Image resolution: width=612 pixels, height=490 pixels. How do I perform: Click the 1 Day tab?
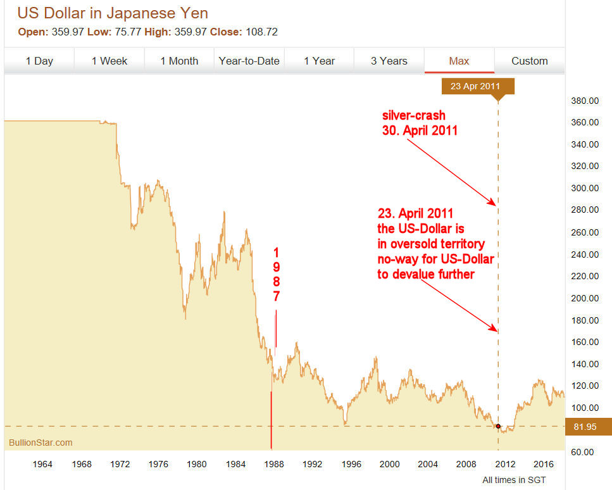(39, 61)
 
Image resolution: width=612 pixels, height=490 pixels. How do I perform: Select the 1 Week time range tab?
(109, 61)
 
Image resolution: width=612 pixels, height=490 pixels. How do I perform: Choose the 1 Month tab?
(179, 61)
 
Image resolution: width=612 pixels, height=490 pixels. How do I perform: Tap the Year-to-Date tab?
(249, 61)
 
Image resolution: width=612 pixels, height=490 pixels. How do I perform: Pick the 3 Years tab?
(389, 61)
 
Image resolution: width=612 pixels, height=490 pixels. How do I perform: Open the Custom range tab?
(529, 61)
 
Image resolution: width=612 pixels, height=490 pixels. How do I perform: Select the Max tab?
(459, 61)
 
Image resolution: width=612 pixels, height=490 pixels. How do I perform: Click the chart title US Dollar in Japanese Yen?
(113, 13)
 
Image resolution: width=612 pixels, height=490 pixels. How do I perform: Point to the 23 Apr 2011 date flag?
(478, 86)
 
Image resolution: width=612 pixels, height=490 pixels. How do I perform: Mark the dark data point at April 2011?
(498, 426)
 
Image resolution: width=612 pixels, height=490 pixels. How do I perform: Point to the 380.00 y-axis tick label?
(585, 101)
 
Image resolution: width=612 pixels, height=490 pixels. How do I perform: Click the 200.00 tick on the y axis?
(585, 298)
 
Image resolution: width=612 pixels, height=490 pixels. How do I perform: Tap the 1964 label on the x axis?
(42, 464)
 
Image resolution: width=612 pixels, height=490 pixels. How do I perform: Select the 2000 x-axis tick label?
(389, 464)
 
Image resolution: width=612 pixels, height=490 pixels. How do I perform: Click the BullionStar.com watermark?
(41, 443)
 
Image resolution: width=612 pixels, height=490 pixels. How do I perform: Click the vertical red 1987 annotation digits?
(276, 273)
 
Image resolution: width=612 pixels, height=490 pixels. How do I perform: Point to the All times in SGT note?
(514, 480)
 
